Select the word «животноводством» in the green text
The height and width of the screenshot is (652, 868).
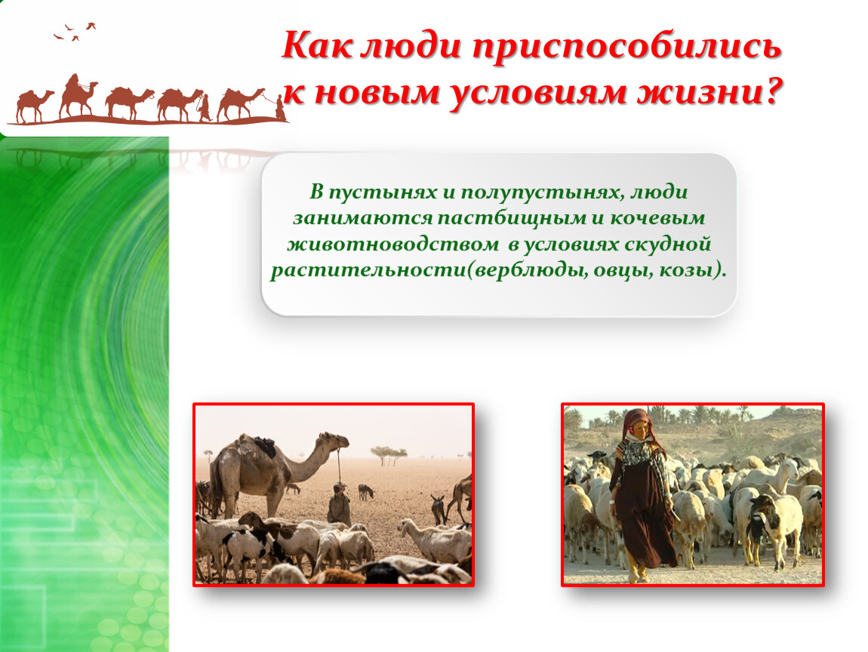coord(393,244)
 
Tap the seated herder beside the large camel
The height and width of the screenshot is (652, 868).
coord(338,503)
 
